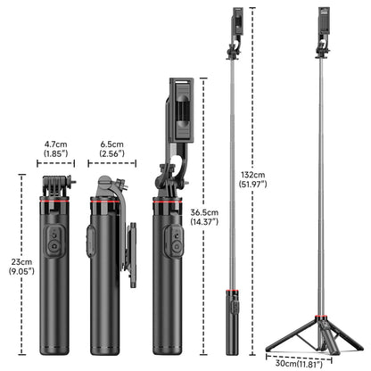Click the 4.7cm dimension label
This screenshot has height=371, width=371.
55,144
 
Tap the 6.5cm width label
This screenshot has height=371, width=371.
111,144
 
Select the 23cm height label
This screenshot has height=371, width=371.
21,262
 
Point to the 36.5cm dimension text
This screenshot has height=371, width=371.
204,212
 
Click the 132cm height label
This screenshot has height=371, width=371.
252,175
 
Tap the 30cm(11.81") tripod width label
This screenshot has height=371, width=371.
299,363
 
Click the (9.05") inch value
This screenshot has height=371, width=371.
21,271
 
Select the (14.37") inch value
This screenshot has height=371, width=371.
204,222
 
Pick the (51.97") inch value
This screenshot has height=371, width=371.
252,184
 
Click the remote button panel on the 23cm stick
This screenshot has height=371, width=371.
54,242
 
